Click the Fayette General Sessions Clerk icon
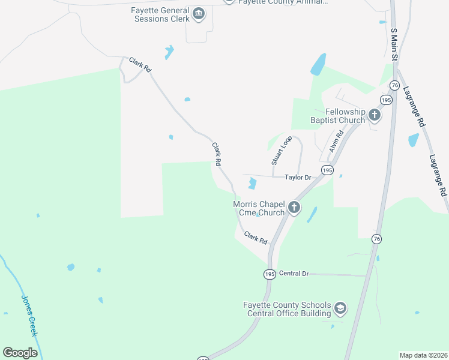[x=199, y=13]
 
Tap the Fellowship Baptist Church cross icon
[x=374, y=114]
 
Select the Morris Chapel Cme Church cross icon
[x=294, y=208]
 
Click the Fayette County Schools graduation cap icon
[x=340, y=308]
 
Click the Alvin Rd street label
[x=335, y=142]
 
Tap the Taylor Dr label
[x=298, y=178]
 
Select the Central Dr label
[x=294, y=274]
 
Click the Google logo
[x=20, y=353]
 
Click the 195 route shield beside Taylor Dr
[x=327, y=170]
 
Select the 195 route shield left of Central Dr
[x=269, y=274]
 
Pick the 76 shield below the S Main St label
[x=394, y=85]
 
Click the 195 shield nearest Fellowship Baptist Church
[x=386, y=100]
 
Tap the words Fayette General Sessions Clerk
[x=160, y=14]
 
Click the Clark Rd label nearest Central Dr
[x=256, y=238]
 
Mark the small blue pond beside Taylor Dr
[x=252, y=183]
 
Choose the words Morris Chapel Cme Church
[x=259, y=208]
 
